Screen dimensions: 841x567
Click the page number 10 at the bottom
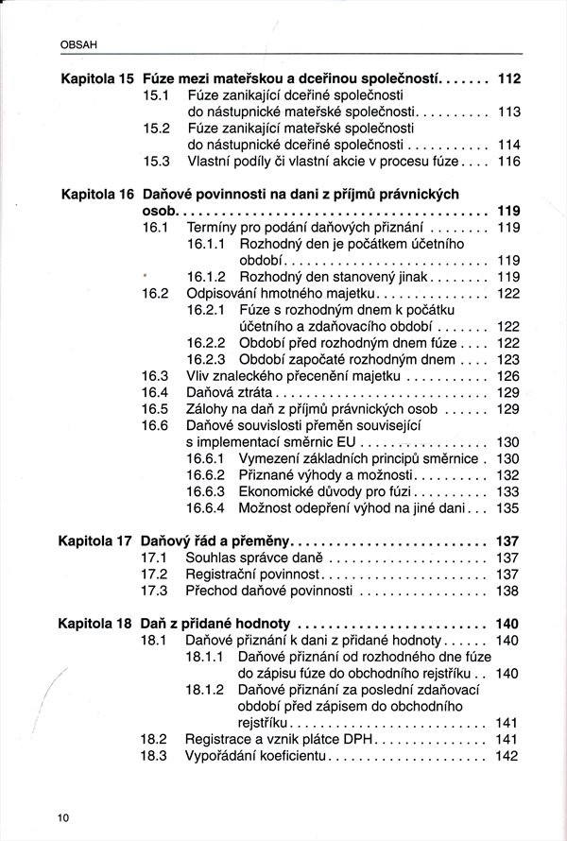(x=63, y=817)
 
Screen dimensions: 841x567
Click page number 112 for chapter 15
(x=509, y=79)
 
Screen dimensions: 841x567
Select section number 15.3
(x=156, y=162)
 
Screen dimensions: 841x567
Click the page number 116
(x=509, y=162)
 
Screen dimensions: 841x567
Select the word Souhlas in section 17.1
(x=210, y=558)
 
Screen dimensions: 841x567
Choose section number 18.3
(x=153, y=756)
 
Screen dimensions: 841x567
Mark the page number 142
(x=508, y=756)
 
